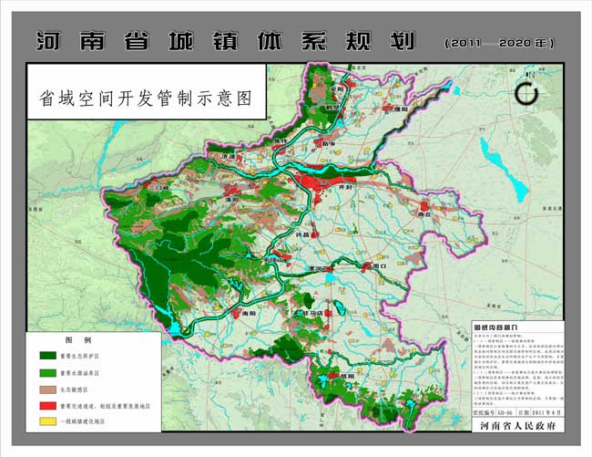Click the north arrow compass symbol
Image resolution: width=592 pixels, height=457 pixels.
[526, 93]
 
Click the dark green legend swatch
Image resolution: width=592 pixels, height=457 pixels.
[47, 356]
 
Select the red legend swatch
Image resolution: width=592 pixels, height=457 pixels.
[47, 404]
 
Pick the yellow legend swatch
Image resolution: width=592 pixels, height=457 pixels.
[47, 421]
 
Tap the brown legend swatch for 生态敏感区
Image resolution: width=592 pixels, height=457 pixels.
[47, 388]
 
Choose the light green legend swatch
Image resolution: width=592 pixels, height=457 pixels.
[47, 372]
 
